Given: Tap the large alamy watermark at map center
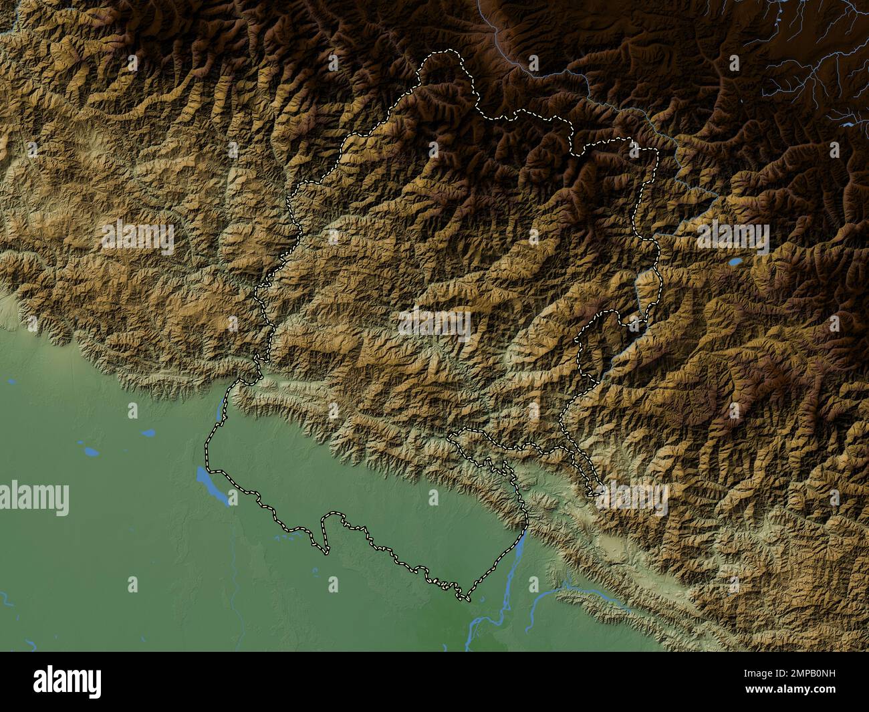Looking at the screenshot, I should click(x=434, y=324).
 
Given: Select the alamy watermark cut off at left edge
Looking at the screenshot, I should click(x=33, y=499).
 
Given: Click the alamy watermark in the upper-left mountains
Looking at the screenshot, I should click(x=138, y=238).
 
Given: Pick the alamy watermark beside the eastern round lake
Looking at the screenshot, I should click(x=733, y=238).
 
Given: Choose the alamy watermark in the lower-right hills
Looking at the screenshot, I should click(x=632, y=499).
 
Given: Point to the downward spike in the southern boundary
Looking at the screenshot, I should click(x=326, y=551).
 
